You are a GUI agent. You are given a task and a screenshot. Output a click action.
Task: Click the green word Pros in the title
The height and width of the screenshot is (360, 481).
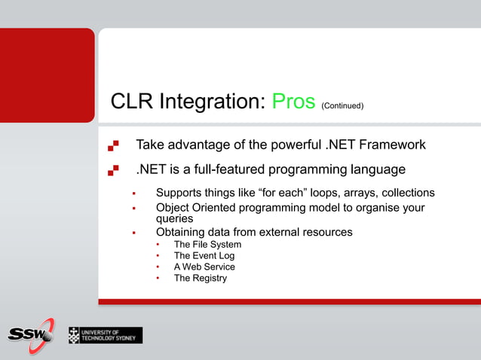(x=293, y=102)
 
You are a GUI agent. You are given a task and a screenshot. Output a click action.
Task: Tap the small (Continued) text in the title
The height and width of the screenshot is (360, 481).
(x=342, y=106)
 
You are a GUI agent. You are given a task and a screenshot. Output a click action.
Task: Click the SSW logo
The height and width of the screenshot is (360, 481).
(x=31, y=334)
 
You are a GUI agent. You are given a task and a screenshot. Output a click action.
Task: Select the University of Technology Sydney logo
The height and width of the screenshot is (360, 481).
(x=106, y=335)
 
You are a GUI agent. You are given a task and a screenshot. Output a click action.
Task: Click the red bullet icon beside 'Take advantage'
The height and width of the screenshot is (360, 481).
(x=113, y=145)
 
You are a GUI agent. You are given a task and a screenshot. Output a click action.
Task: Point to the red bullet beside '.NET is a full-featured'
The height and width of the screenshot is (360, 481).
(x=113, y=169)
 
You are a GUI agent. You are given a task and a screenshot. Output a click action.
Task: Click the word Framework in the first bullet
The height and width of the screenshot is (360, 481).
(x=388, y=145)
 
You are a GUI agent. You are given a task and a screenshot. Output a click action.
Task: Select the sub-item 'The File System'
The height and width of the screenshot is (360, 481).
(x=207, y=245)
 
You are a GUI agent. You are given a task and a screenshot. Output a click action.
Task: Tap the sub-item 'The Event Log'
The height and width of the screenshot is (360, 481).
(x=204, y=256)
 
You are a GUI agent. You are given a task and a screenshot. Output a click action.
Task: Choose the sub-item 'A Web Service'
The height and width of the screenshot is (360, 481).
(x=204, y=267)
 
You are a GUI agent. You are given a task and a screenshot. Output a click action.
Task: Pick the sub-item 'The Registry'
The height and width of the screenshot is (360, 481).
(x=200, y=278)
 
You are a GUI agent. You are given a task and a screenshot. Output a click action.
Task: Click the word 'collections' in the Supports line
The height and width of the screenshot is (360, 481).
(x=406, y=194)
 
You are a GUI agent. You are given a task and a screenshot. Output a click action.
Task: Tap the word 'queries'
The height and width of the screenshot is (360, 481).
(x=175, y=218)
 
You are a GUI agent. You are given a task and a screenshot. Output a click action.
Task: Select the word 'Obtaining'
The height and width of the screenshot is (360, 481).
(x=180, y=232)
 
